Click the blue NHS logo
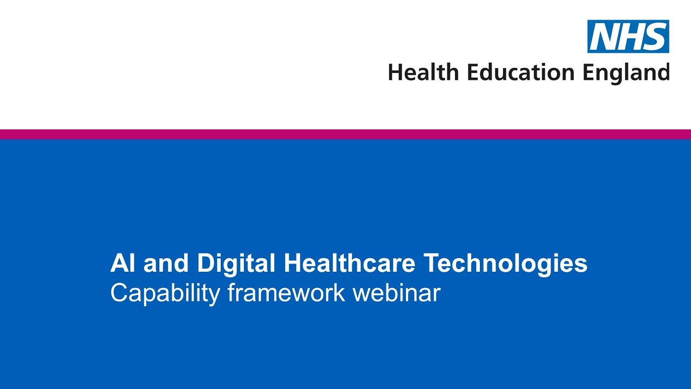coord(628,36)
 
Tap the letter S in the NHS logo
coord(654,37)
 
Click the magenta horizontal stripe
coord(345,134)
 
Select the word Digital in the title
coord(236,264)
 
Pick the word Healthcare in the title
coord(349,263)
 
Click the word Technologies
coord(505,264)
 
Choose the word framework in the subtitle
coord(286,292)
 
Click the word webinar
coord(396,292)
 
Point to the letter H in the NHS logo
coord(628,37)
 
